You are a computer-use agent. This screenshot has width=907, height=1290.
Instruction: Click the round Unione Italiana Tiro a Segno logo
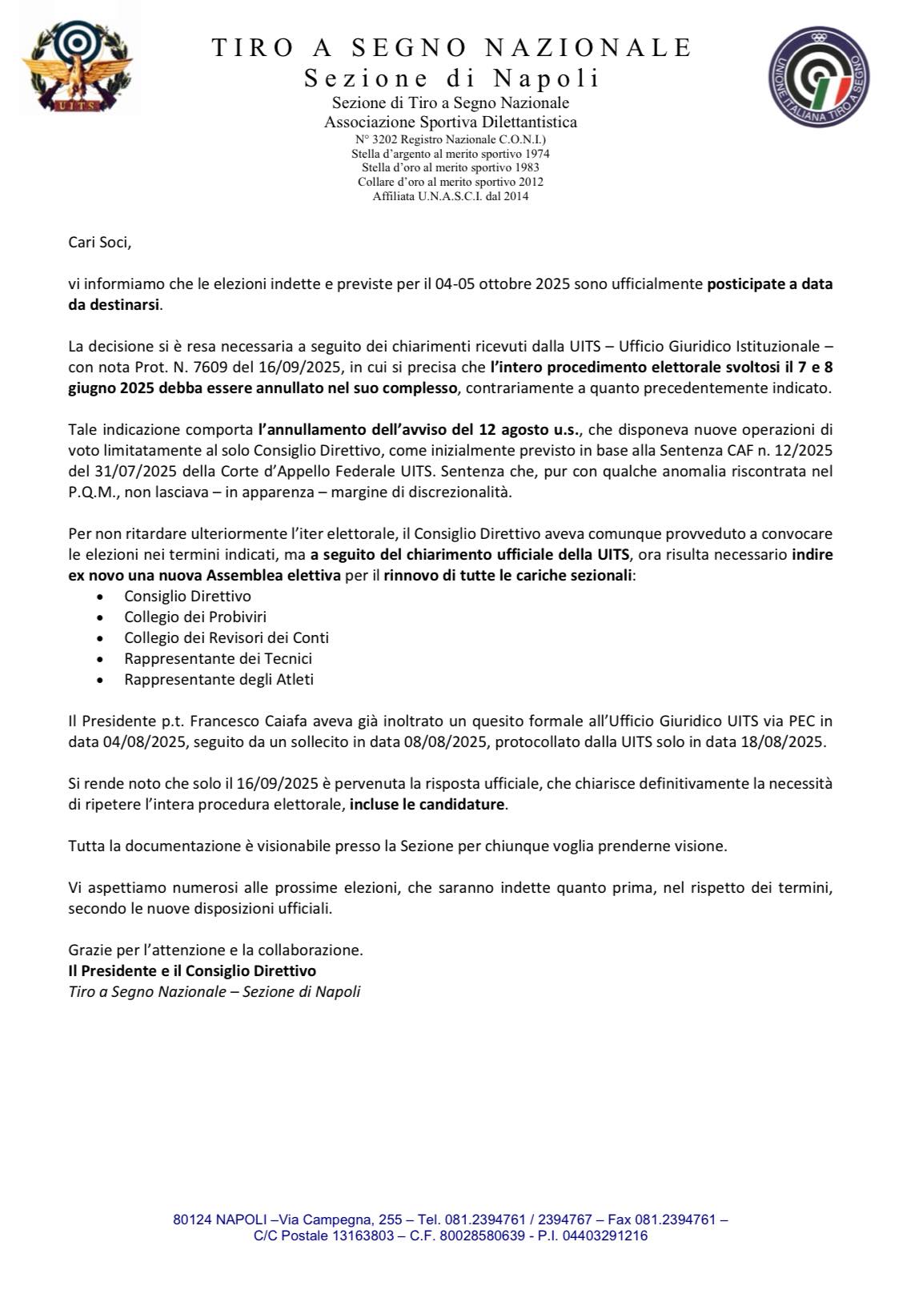click(x=819, y=76)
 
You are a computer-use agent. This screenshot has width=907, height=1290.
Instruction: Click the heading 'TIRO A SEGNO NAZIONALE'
click(x=451, y=48)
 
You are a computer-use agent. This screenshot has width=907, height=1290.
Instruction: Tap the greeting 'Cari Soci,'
click(x=99, y=242)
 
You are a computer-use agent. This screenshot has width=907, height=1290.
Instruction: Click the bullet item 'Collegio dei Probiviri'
click(x=195, y=617)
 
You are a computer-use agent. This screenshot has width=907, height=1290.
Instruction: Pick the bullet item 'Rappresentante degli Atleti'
click(x=219, y=679)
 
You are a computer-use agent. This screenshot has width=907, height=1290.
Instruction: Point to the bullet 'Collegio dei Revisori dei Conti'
click(x=227, y=637)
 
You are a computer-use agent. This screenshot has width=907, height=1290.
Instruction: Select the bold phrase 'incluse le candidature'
click(x=427, y=804)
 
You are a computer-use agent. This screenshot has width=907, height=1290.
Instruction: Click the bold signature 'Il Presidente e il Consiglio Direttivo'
click(x=192, y=971)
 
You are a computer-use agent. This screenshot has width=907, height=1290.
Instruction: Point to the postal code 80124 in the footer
click(x=191, y=1220)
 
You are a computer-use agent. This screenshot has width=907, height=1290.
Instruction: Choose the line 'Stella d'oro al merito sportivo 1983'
click(x=451, y=167)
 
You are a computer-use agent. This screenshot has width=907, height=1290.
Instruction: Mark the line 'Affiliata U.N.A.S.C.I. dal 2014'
click(x=451, y=196)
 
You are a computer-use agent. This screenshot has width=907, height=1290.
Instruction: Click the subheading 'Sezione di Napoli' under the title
click(x=451, y=78)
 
